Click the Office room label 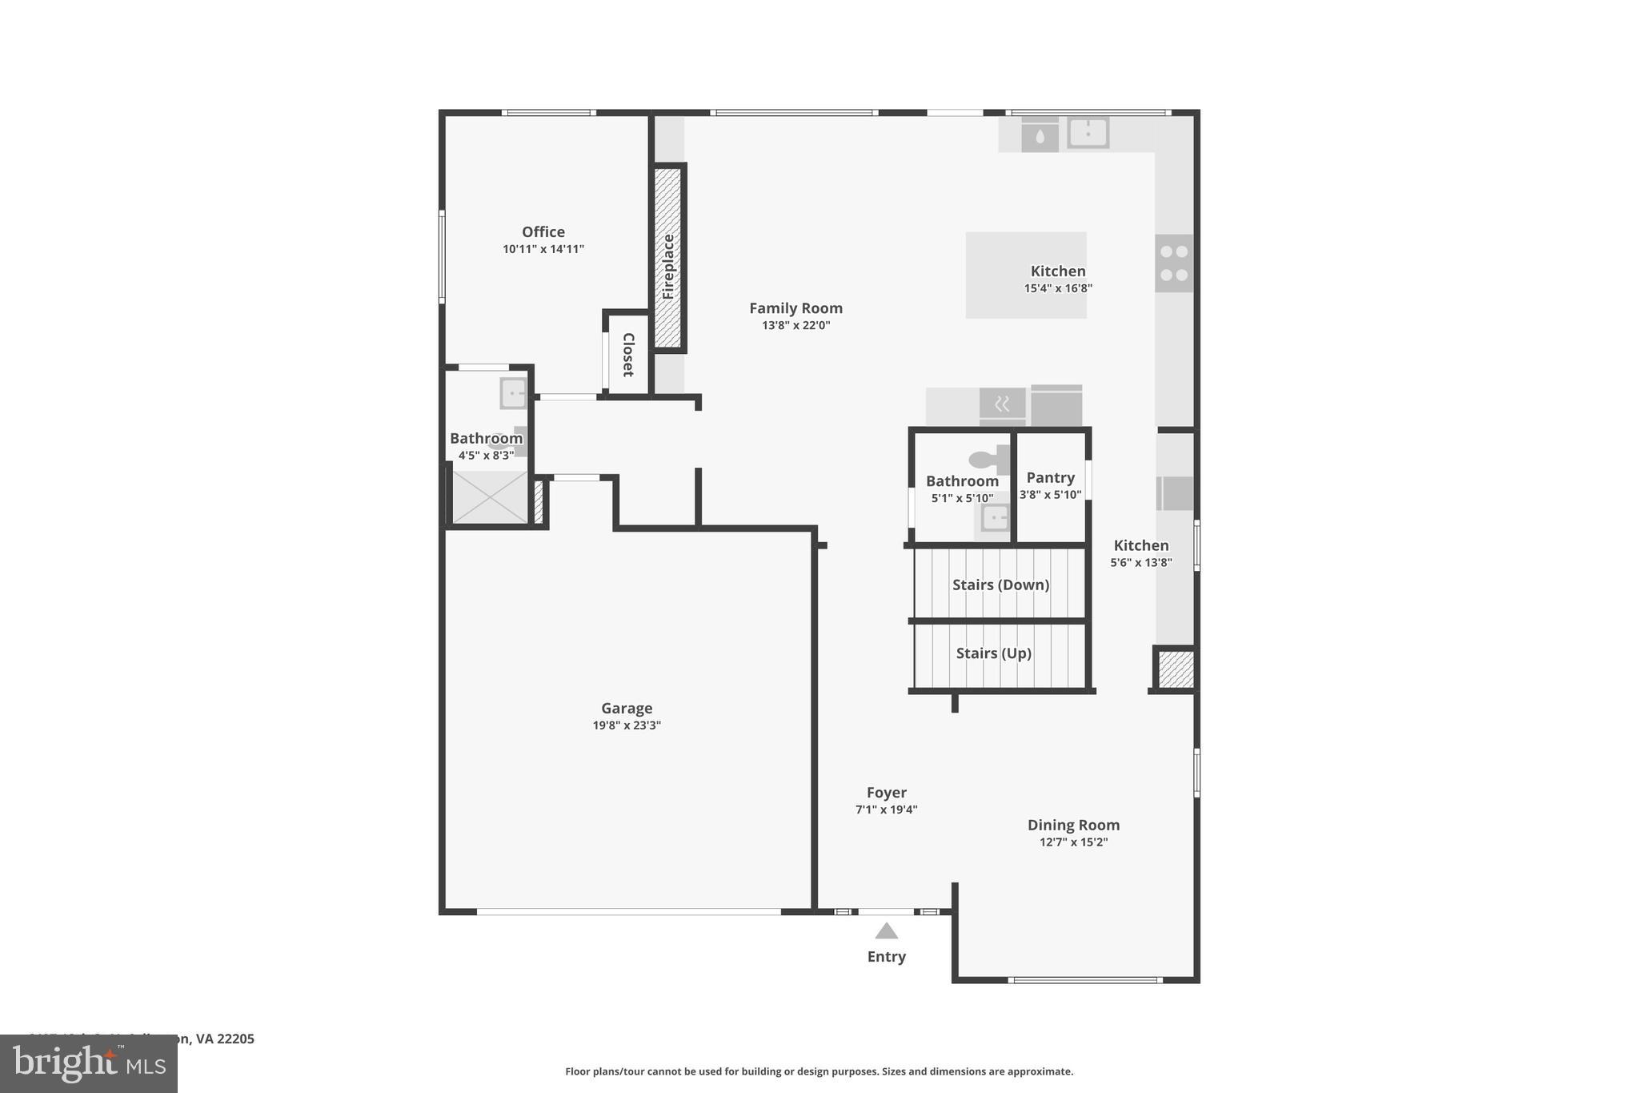[x=543, y=232]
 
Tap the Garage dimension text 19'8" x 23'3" [x=627, y=725]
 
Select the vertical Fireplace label [x=668, y=267]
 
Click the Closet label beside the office [x=628, y=355]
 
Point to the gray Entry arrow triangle [x=886, y=931]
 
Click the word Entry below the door [x=886, y=957]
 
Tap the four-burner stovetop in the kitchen [x=1174, y=263]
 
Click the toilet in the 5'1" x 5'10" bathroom [x=988, y=460]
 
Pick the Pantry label [x=1050, y=478]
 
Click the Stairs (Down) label [x=1000, y=585]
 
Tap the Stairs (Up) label [x=993, y=653]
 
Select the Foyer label [x=886, y=793]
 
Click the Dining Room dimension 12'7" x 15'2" [x=1073, y=842]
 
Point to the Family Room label [x=795, y=308]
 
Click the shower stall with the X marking [x=490, y=497]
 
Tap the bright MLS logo [x=89, y=1064]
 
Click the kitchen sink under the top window [x=1088, y=133]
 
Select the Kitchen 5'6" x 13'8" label [x=1140, y=546]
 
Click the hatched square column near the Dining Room [x=1176, y=669]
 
